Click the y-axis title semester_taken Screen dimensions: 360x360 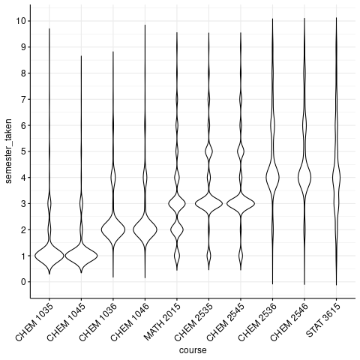tap(10, 151)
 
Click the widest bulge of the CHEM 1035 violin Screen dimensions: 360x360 tap(49, 256)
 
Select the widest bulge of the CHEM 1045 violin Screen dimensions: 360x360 tap(81, 256)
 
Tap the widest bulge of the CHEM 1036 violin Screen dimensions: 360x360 tap(113, 229)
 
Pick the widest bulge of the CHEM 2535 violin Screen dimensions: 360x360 tap(208, 202)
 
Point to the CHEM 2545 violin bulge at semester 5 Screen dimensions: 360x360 tap(241, 151)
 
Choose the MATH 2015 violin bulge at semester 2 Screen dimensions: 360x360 tap(177, 229)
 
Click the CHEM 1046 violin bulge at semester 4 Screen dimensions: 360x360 tap(145, 178)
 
